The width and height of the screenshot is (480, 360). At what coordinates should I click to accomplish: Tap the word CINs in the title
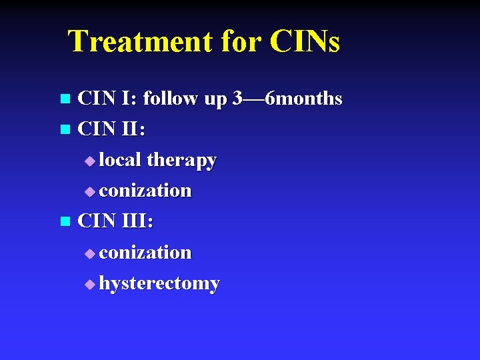click(305, 41)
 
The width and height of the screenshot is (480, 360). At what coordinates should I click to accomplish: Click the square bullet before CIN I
click(65, 100)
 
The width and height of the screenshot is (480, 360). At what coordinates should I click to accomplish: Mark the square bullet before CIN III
click(65, 222)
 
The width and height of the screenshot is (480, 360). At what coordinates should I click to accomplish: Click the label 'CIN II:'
click(111, 130)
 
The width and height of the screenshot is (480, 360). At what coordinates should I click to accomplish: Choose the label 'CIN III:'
click(115, 221)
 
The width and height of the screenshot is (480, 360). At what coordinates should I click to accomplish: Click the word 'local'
click(121, 160)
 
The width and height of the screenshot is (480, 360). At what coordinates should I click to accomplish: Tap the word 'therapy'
click(181, 161)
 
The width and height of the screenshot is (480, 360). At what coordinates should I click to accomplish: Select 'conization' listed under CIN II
click(145, 191)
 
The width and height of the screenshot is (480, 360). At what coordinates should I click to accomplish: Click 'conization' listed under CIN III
click(145, 253)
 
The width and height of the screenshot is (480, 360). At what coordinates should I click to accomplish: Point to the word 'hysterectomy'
click(159, 284)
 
